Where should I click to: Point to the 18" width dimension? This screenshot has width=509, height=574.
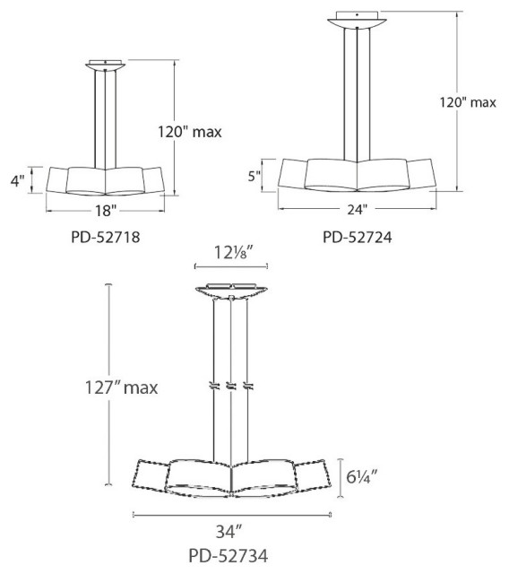[105, 212]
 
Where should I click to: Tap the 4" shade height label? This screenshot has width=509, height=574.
[15, 180]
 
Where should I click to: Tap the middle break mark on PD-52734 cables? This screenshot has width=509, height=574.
[231, 387]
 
